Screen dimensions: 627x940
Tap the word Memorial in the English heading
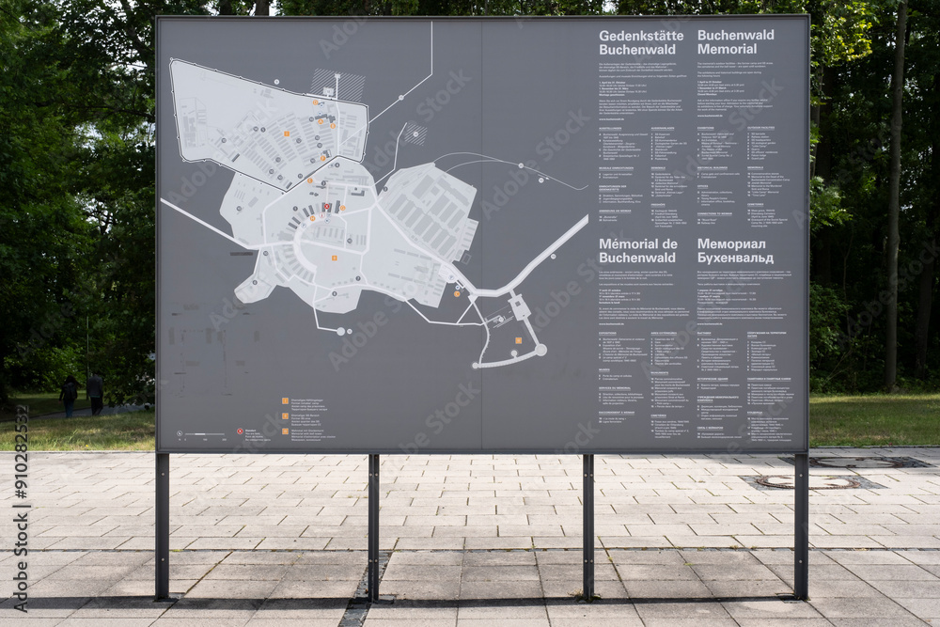[727, 49]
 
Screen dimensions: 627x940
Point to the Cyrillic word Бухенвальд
[735, 258]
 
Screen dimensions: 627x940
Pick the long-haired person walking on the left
[69, 394]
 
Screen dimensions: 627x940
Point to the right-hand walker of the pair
[95, 393]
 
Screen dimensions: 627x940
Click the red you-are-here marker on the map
[326, 207]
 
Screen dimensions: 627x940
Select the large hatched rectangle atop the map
[337, 84]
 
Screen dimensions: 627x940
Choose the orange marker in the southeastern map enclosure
[518, 340]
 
